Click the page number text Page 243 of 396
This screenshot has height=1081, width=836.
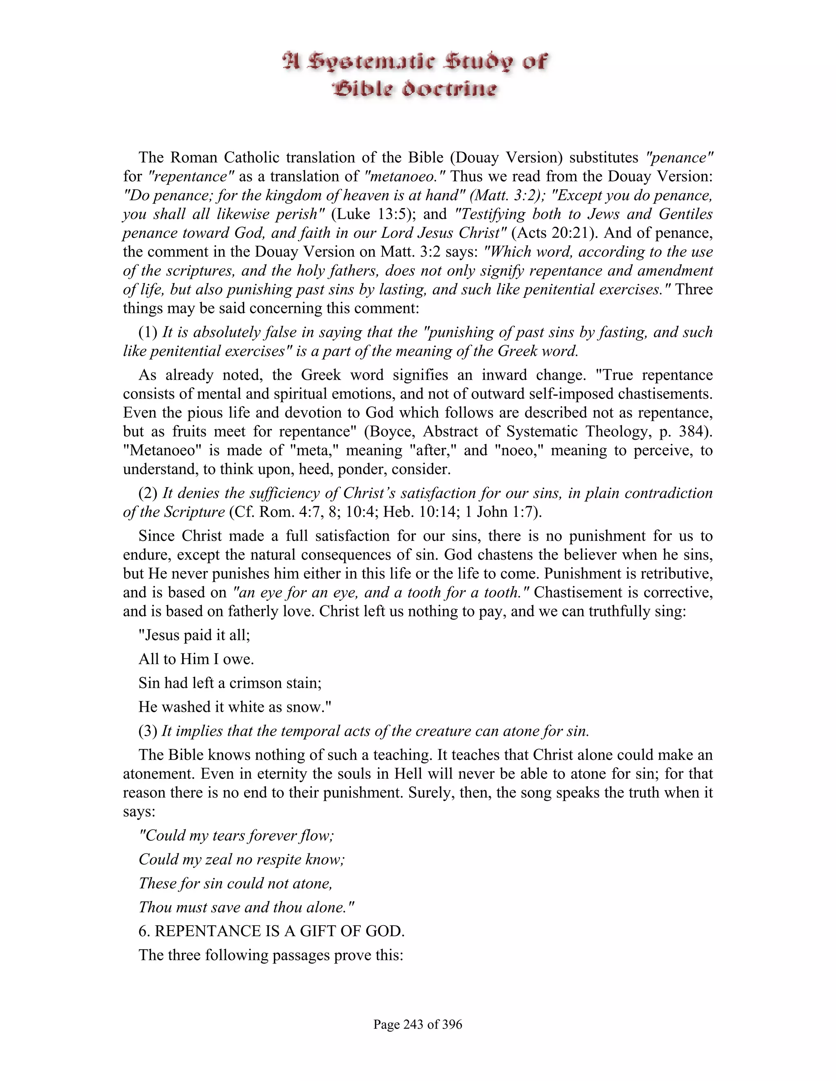[418, 1024]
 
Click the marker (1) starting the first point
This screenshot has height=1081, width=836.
[148, 332]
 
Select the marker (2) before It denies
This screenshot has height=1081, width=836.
[148, 493]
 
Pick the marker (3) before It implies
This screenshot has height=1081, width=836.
[148, 731]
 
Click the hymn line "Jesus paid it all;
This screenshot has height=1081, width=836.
[194, 635]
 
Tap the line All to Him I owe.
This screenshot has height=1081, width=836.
[196, 659]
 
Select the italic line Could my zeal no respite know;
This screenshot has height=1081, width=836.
[242, 859]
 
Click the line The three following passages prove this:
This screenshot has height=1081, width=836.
[271, 955]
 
